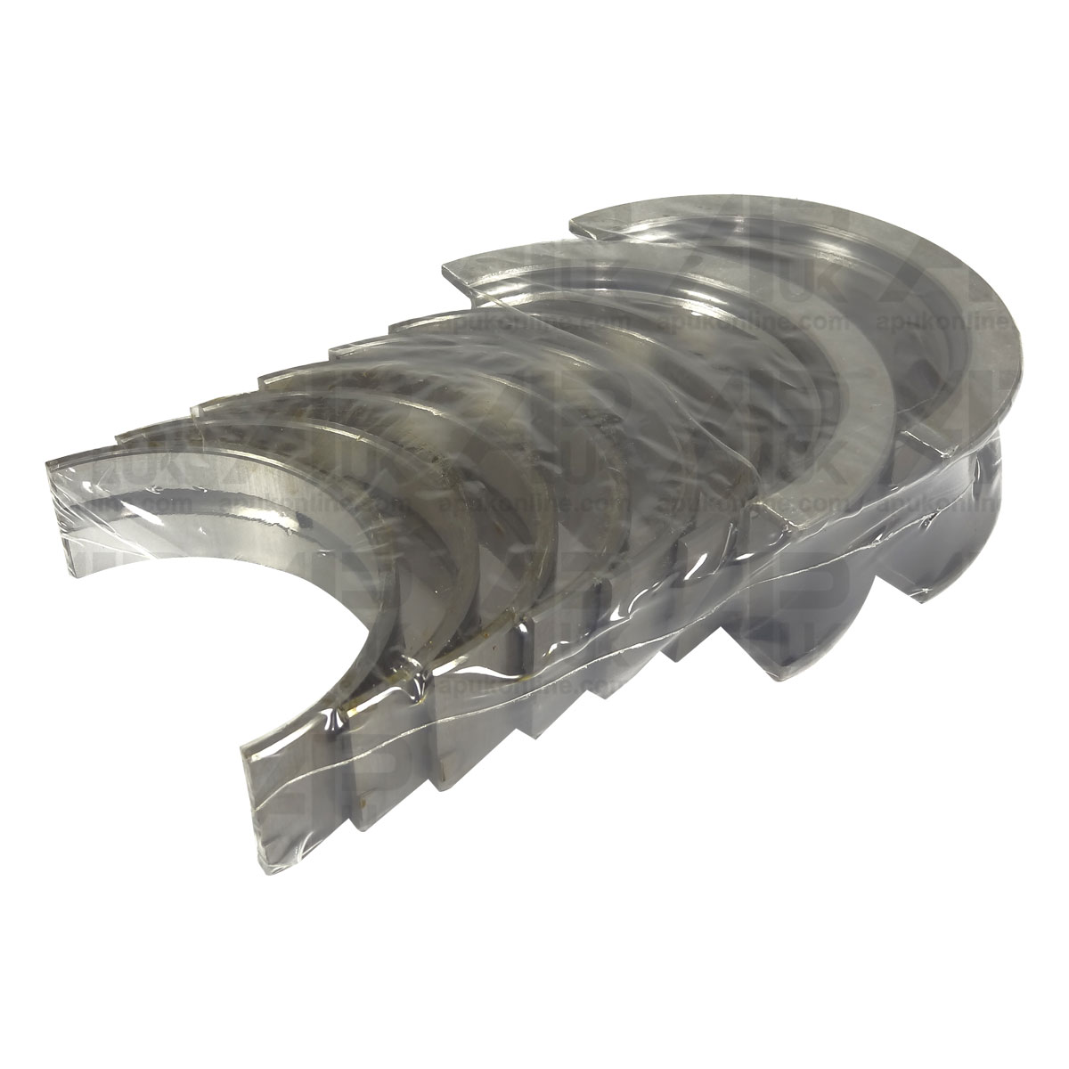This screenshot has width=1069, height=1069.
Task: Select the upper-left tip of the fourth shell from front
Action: click(267, 380)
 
